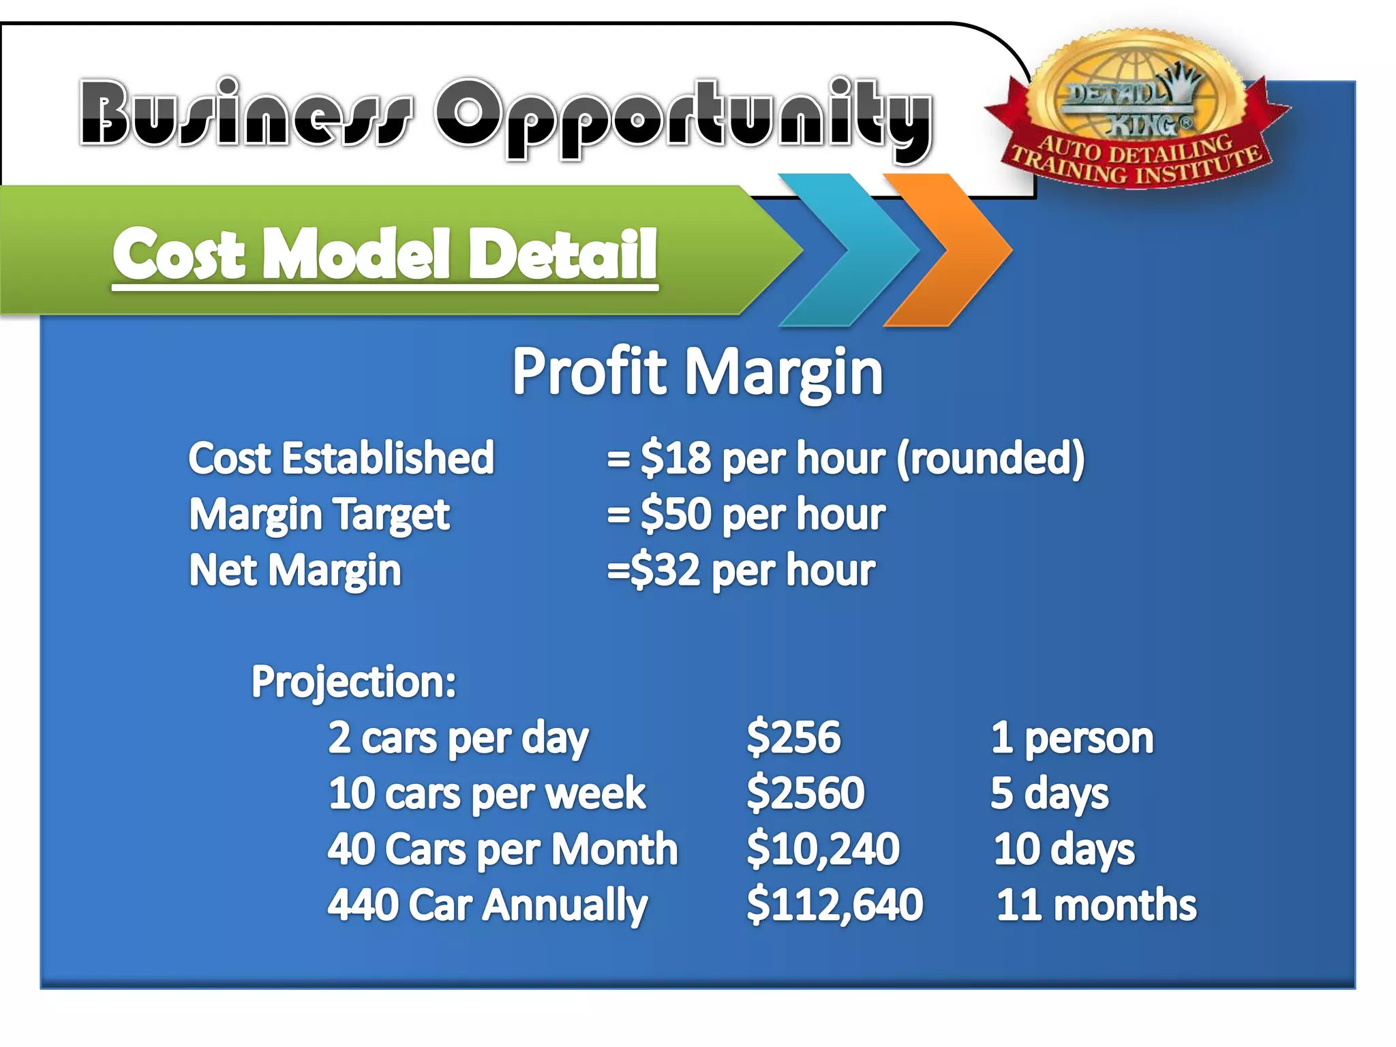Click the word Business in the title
(x=245, y=112)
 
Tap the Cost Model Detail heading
(x=385, y=254)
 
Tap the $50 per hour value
(x=746, y=515)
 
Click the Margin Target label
(x=319, y=515)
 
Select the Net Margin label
(x=294, y=571)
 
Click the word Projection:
(x=354, y=682)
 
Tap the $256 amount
(x=793, y=738)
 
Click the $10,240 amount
(x=823, y=849)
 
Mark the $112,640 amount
(x=834, y=905)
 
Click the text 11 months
(x=1096, y=905)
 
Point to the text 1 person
(x=1072, y=738)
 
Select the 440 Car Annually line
(x=487, y=905)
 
